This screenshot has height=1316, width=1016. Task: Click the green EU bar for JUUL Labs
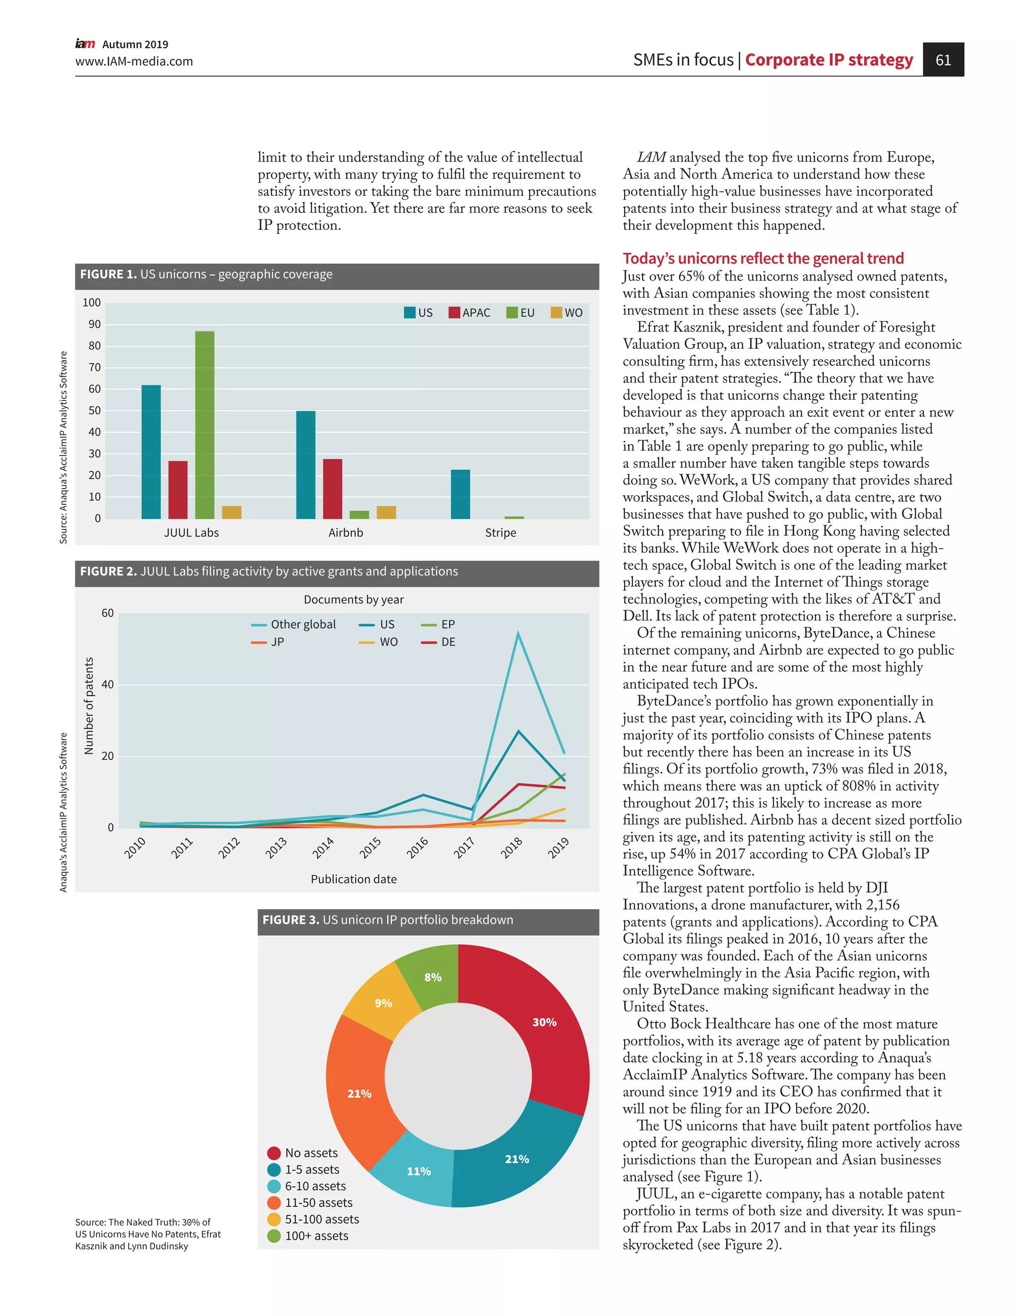[204, 425]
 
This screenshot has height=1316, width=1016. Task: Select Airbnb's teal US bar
[305, 464]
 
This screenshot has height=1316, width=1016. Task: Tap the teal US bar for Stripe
[460, 494]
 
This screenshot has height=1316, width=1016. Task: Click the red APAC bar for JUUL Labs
[178, 490]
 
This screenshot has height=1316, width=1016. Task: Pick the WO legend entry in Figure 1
[567, 313]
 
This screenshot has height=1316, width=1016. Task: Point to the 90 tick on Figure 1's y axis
[95, 324]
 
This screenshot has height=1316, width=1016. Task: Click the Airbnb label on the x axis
[345, 533]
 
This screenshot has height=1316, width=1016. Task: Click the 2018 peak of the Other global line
[518, 632]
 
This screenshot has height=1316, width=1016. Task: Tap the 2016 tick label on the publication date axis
[417, 847]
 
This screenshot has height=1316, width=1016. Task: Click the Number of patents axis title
[89, 706]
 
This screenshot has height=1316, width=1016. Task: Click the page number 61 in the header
[943, 59]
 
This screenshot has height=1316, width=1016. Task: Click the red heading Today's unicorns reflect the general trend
[763, 259]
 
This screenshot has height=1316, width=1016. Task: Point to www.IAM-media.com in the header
[134, 61]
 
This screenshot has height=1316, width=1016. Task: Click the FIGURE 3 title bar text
[388, 920]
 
